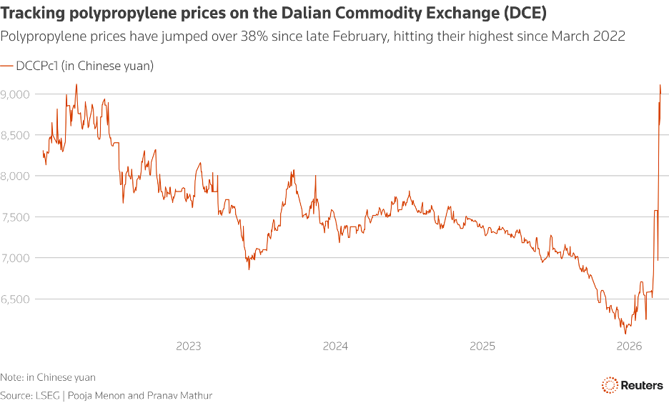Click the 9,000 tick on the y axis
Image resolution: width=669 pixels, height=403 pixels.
(x=15, y=94)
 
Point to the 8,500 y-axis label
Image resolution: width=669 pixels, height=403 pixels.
(x=15, y=135)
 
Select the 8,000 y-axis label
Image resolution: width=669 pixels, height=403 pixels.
(x=15, y=176)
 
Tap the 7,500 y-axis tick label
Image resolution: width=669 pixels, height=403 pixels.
(x=15, y=217)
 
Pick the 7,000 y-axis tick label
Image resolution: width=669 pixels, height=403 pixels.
(x=15, y=258)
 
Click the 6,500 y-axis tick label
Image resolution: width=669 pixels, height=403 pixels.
(x=15, y=299)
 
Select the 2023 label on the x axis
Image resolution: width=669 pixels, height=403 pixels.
(x=188, y=347)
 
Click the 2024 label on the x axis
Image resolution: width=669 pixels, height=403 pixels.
(x=335, y=347)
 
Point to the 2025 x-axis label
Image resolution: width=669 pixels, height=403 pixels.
(x=482, y=347)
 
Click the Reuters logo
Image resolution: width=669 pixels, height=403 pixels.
(x=632, y=384)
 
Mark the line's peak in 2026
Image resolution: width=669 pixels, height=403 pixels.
(x=660, y=85)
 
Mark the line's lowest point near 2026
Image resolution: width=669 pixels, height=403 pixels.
(x=625, y=334)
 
